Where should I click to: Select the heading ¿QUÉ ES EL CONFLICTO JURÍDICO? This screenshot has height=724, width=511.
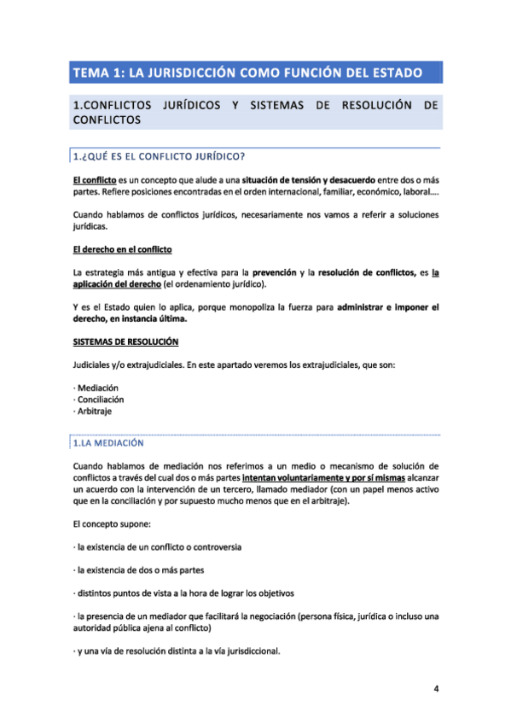pyautogui.click(x=162, y=155)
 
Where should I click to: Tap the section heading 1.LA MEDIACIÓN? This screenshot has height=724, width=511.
pyautogui.click(x=109, y=443)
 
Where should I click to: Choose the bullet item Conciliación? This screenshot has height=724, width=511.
pyautogui.click(x=101, y=398)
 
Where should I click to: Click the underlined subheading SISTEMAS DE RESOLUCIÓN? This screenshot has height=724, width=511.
pyautogui.click(x=125, y=342)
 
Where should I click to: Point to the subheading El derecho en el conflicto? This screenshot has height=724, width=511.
pyautogui.click(x=122, y=249)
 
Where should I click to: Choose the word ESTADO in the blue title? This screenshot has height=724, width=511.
pyautogui.click(x=394, y=73)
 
